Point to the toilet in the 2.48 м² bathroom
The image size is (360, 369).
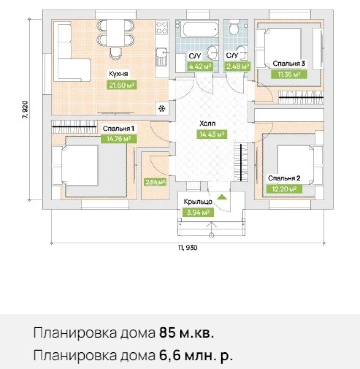[234, 28]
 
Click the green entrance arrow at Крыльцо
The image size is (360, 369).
[222, 197]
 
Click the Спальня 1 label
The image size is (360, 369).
[118, 128]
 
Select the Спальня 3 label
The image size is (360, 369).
[288, 64]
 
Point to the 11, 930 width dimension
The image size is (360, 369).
[188, 248]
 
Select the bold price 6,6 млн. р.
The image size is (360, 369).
[196, 356]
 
